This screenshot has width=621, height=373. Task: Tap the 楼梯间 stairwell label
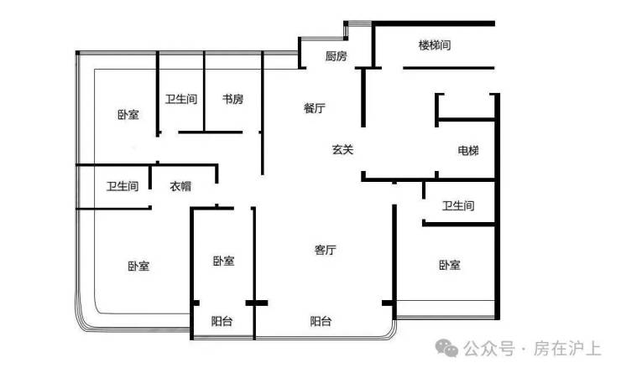tap(435, 45)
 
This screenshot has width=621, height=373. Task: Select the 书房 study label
tap(232, 99)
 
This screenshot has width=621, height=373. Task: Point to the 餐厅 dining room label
tap(315, 108)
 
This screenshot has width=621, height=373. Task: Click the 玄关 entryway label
tap(342, 150)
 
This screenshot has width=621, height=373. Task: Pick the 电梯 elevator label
tap(468, 151)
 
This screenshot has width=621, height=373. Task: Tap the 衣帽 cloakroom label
tap(181, 186)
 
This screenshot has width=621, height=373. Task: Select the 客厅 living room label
tap(326, 250)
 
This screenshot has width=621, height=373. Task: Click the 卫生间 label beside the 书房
tap(181, 99)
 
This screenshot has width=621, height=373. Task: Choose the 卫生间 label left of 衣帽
tap(123, 186)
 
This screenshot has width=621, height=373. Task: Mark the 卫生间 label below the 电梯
tap(458, 206)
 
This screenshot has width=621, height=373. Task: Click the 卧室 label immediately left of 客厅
tap(223, 262)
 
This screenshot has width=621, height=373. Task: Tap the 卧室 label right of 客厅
tap(449, 266)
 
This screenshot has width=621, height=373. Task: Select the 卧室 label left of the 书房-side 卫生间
tap(128, 115)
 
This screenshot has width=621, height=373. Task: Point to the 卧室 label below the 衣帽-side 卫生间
tap(138, 267)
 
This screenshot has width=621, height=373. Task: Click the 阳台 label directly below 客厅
tap(321, 321)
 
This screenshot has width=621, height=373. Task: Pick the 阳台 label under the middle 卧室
tap(222, 321)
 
